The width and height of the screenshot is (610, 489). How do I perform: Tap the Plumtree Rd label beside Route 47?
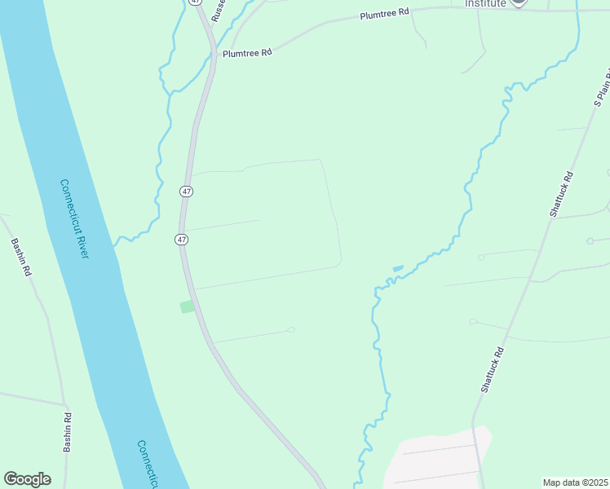tap(246, 53)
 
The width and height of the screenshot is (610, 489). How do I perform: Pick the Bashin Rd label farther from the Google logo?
tap(20, 257)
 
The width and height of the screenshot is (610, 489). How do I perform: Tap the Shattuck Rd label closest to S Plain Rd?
tap(564, 193)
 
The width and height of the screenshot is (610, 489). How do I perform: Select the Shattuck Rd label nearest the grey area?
tap(493, 370)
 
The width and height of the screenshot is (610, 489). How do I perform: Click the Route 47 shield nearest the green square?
tap(181, 240)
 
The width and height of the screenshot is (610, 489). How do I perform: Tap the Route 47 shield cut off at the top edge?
tap(195, 2)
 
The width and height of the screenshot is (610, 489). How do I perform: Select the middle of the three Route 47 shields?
tap(187, 191)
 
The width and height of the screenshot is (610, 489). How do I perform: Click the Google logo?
tap(27, 479)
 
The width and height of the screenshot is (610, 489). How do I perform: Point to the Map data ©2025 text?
tap(575, 482)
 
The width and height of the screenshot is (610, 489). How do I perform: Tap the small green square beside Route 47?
tap(188, 306)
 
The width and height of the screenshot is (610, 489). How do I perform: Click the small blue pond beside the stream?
tap(398, 268)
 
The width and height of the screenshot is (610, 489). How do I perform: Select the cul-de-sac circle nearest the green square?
tap(291, 329)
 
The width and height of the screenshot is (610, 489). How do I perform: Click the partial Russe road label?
tap(218, 11)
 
